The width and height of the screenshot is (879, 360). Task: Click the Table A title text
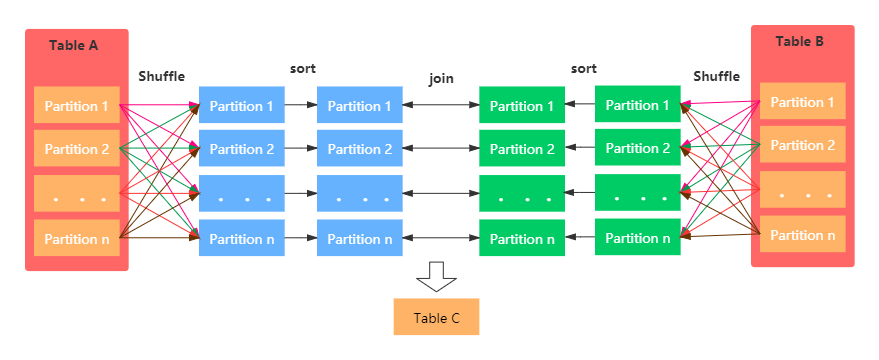coord(74,45)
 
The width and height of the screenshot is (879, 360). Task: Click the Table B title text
coord(800,42)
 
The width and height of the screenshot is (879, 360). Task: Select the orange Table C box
coord(436,317)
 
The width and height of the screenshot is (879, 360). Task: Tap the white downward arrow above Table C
coord(436,277)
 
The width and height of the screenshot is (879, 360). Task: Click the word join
coord(441,78)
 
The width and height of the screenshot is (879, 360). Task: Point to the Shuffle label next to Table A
coord(161,77)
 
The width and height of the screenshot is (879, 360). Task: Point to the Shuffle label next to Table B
coord(716,76)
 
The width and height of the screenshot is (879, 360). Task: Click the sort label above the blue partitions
coord(302,69)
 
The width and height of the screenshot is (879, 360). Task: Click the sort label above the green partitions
coord(583,69)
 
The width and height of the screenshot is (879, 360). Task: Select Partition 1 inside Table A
coord(77,106)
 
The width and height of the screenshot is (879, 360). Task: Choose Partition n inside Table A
coord(77,237)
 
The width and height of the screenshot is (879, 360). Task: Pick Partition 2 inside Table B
coord(802,145)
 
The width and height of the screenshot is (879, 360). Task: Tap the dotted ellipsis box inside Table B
coord(802,190)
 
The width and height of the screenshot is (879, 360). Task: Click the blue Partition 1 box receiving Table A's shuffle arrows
coord(242,106)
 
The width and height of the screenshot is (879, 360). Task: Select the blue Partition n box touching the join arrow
coord(360,239)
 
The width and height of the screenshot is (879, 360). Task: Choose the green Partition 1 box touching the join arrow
coord(522,106)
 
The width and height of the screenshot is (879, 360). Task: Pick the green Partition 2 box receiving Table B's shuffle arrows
coord(638,148)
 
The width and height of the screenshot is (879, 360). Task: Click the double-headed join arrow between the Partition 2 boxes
coord(441,149)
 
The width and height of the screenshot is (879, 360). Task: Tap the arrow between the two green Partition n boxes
coord(580,238)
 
